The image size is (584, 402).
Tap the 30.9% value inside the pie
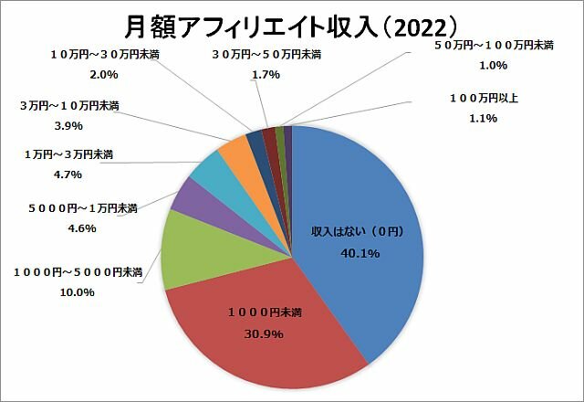[x=266, y=334]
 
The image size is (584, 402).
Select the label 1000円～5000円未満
[x=77, y=272]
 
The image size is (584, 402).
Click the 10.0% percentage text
[x=77, y=292]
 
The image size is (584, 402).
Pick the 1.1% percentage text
[x=485, y=118]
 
